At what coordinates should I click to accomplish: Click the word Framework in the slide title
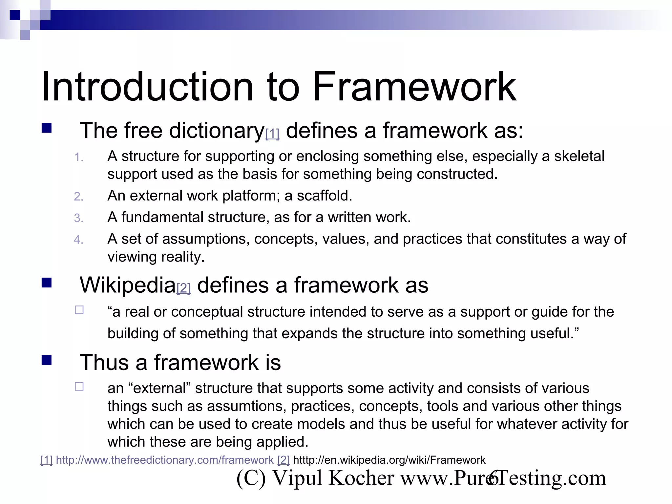(414, 87)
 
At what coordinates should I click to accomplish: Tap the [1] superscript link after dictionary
(272, 134)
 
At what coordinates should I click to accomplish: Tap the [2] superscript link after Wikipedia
(183, 288)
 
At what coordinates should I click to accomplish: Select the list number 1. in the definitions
(78, 157)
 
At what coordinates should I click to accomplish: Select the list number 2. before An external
(78, 197)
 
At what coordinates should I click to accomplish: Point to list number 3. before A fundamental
(78, 218)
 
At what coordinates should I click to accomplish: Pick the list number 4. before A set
(78, 240)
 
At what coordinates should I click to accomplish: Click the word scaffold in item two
(324, 196)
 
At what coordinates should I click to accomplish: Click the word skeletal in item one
(579, 156)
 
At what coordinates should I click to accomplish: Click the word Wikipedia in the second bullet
(128, 285)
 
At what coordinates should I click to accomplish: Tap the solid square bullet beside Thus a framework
(47, 360)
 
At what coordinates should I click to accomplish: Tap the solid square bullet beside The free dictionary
(47, 128)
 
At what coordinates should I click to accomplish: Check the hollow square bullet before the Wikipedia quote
(79, 310)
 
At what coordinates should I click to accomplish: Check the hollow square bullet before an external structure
(79, 387)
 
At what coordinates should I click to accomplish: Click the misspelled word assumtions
(247, 406)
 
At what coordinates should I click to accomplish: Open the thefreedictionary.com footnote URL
(165, 460)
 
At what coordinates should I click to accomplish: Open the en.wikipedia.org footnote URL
(389, 460)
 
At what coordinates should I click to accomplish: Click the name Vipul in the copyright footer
(297, 478)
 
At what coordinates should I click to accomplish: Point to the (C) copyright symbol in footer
(251, 478)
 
